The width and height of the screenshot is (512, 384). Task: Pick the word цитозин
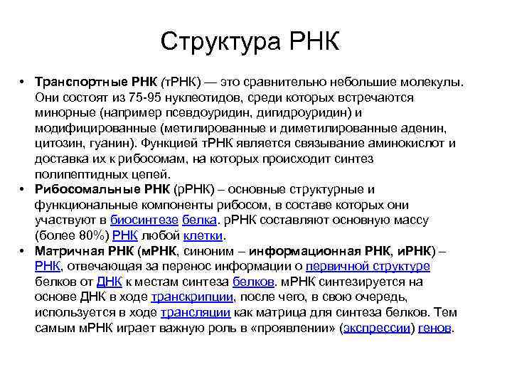pos(58,143)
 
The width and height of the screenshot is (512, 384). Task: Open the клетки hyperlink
pos(203,235)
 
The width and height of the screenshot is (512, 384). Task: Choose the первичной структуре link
pos(368,266)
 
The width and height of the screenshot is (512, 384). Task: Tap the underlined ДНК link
pos(109,282)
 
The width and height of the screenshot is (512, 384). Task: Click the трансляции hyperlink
pos(195,312)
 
